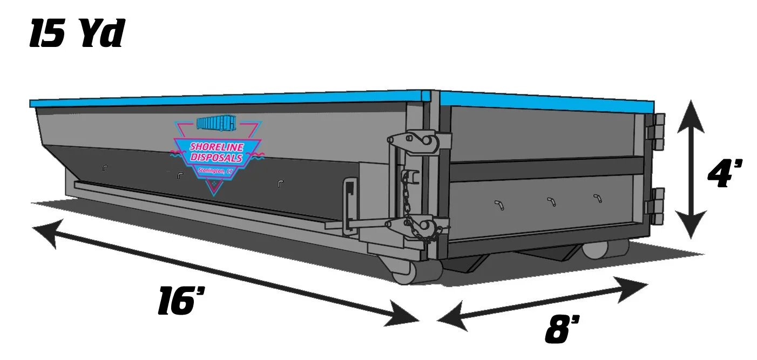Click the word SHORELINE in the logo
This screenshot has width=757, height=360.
(x=217, y=147)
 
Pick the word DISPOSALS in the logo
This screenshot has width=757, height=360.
(x=217, y=157)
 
